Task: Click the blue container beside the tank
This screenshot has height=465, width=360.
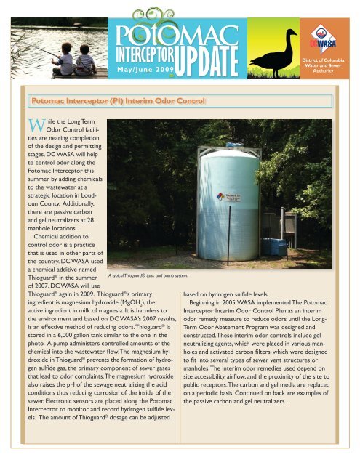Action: (x=274, y=227)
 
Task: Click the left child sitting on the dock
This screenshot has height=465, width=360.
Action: (x=67, y=64)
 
